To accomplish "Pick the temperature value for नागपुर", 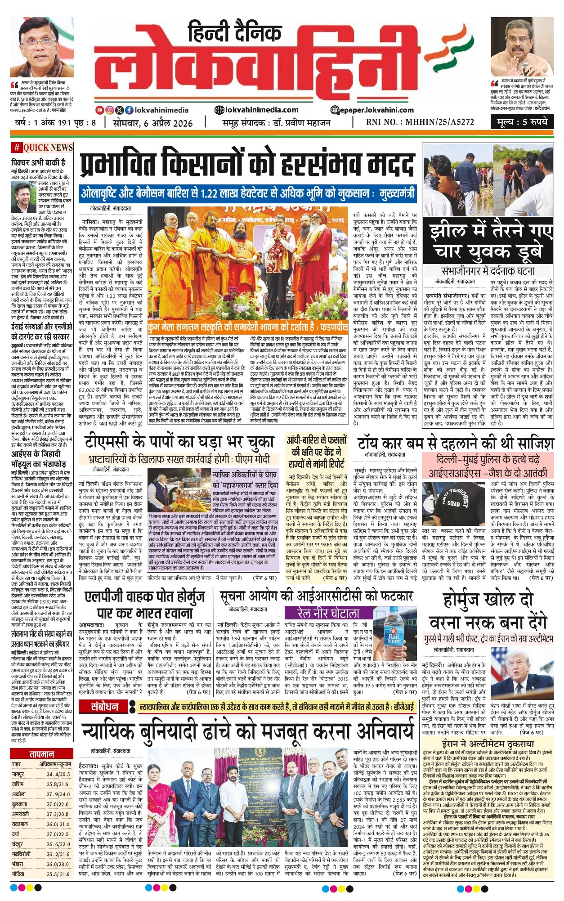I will [x=58, y=774].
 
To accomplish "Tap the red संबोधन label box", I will [x=104, y=707].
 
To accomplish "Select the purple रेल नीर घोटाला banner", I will [x=329, y=613].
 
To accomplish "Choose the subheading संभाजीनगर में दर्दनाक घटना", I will [x=488, y=271].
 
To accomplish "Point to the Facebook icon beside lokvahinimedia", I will [x=129, y=110].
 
